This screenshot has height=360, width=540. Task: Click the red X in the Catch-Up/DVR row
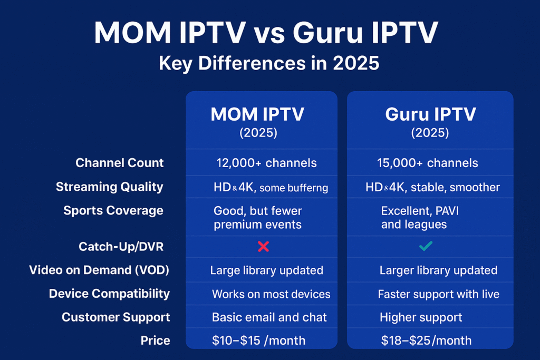[x=264, y=247]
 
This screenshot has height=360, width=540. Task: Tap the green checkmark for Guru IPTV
[x=426, y=246]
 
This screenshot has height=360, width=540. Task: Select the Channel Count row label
[x=120, y=163]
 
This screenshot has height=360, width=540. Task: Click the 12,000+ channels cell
[x=266, y=163]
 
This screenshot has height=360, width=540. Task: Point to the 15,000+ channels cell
[x=427, y=163]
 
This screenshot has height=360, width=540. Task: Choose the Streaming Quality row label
[x=110, y=187]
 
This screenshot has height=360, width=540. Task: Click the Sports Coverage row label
[x=113, y=211]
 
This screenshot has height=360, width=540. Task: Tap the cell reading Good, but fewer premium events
[x=257, y=218]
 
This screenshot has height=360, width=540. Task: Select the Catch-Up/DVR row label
[x=121, y=247]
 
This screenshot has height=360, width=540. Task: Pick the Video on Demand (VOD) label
[x=99, y=270]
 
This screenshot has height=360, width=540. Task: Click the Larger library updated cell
[x=438, y=270]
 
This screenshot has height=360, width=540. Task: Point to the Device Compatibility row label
[x=109, y=294]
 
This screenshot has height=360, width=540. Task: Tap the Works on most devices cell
[x=271, y=294]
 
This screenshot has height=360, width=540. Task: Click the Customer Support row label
[x=115, y=317]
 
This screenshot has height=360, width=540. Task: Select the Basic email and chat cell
[x=269, y=317]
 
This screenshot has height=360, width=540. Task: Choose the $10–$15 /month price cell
[x=258, y=340]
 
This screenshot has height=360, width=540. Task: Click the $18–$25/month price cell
[x=426, y=340]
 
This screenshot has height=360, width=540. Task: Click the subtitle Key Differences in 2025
[x=269, y=63]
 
